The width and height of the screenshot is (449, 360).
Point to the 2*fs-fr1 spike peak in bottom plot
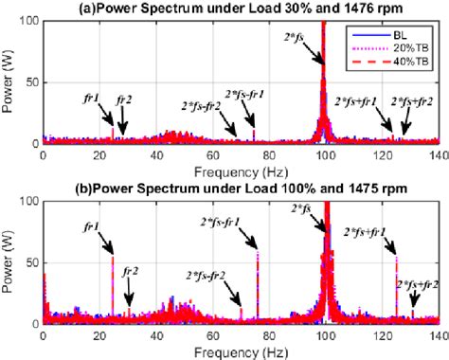click(x=258, y=252)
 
